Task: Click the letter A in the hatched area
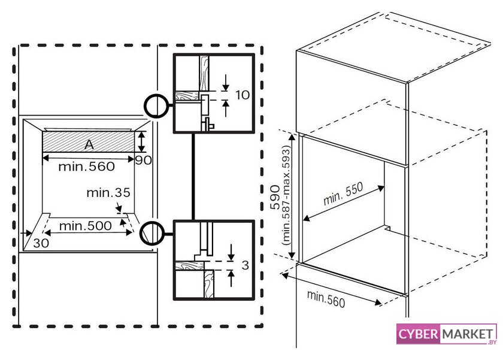(89, 145)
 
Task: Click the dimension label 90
(143, 160)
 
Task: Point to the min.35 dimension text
(108, 192)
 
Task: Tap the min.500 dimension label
(85, 226)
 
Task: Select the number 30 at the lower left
(41, 243)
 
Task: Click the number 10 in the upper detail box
(243, 95)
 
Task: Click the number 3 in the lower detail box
(245, 265)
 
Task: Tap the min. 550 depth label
(343, 193)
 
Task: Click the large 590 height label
(275, 197)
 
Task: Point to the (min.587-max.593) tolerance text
(286, 195)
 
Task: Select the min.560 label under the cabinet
(326, 299)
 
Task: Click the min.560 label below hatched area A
(87, 167)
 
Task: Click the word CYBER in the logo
(418, 334)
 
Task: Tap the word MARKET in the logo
(468, 334)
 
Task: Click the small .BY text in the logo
(492, 342)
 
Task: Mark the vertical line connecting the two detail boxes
(193, 177)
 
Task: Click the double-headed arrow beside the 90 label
(141, 141)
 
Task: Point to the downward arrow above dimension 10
(226, 83)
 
